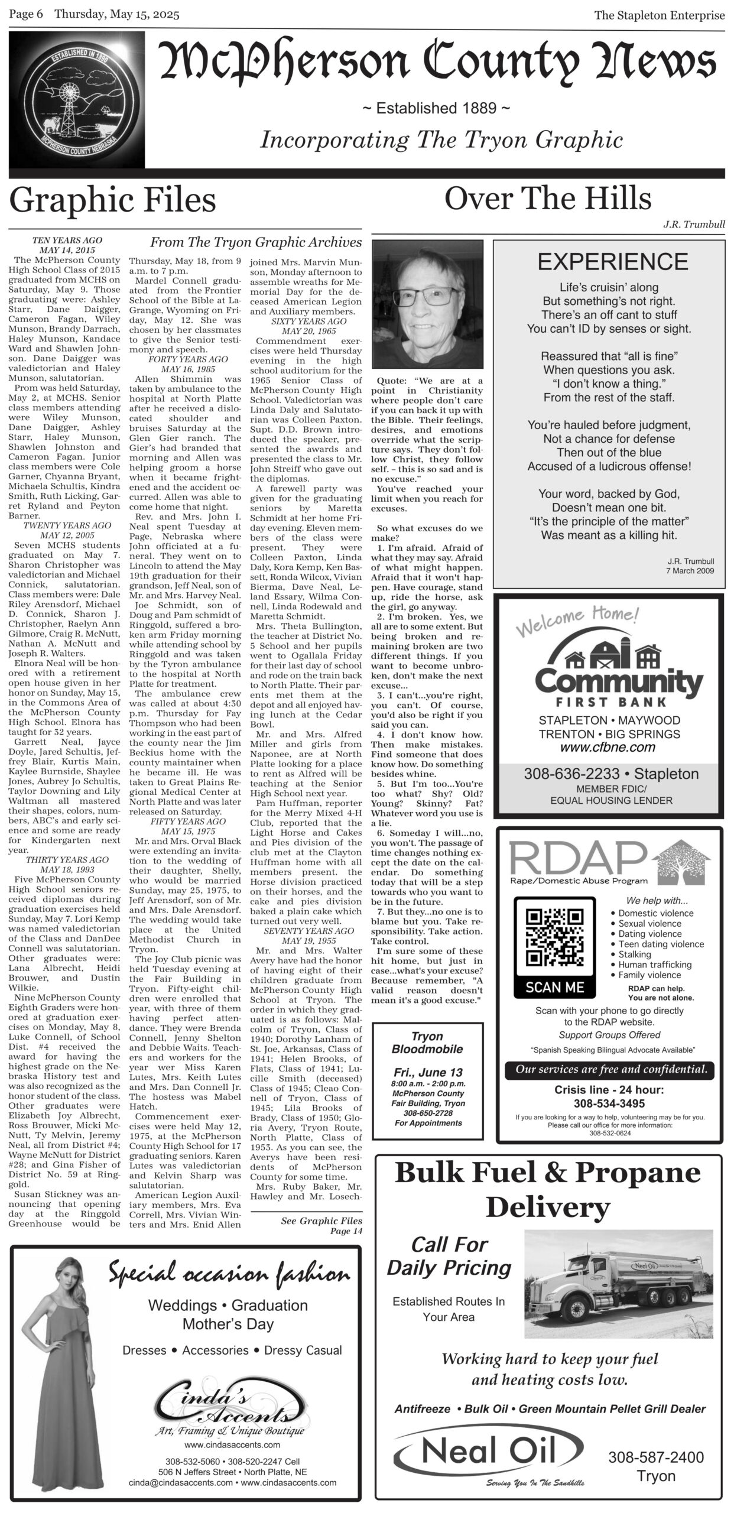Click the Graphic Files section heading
112,200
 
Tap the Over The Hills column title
547,199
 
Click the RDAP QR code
554,939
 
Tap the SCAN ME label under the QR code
554,988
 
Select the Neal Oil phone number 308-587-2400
656,1457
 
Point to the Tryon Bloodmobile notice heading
427,1043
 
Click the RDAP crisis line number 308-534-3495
609,1103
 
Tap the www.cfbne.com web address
609,747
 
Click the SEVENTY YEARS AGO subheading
309,931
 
